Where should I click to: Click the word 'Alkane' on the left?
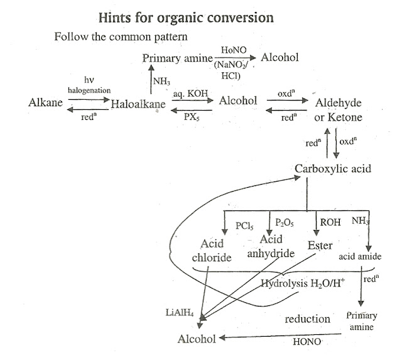pos(46,102)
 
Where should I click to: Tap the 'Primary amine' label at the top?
pos(172,58)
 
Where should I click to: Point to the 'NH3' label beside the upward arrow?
pos(162,80)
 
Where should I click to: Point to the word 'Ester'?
pos(320,246)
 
